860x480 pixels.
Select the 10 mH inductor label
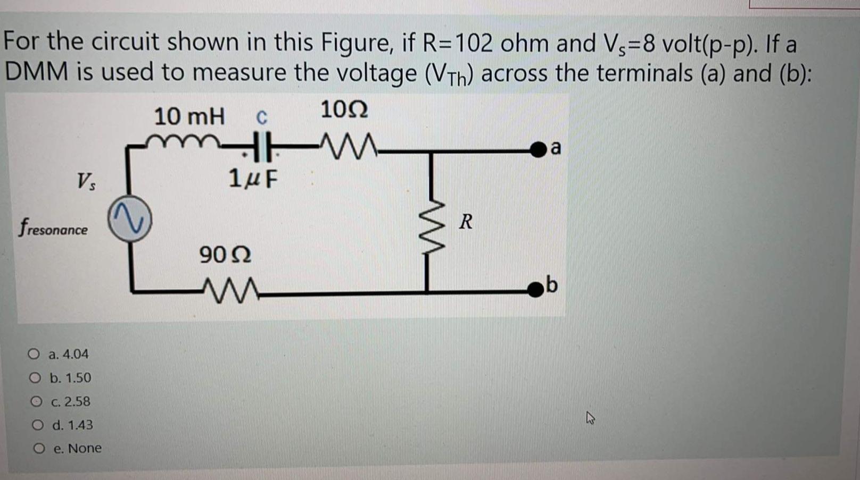[x=189, y=116]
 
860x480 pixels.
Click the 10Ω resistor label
[x=344, y=111]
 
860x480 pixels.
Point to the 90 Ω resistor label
[x=225, y=255]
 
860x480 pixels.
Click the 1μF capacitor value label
[x=253, y=179]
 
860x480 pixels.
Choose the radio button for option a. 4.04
[x=34, y=354]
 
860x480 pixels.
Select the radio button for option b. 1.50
[x=35, y=378]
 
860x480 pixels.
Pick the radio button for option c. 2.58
[x=36, y=401]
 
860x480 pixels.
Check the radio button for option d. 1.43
[x=37, y=425]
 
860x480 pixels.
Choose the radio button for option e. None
[x=38, y=449]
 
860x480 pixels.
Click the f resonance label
[x=53, y=229]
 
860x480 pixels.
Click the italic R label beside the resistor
[x=466, y=222]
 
